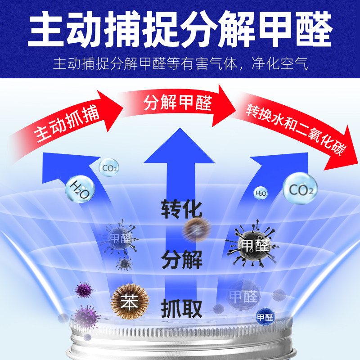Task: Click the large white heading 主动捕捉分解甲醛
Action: tap(180, 28)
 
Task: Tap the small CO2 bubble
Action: tap(109, 168)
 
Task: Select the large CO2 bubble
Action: tap(300, 189)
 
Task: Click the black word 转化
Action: tap(181, 210)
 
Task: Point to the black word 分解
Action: tap(181, 260)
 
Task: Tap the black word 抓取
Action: tap(181, 309)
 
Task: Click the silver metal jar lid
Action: tap(180, 344)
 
